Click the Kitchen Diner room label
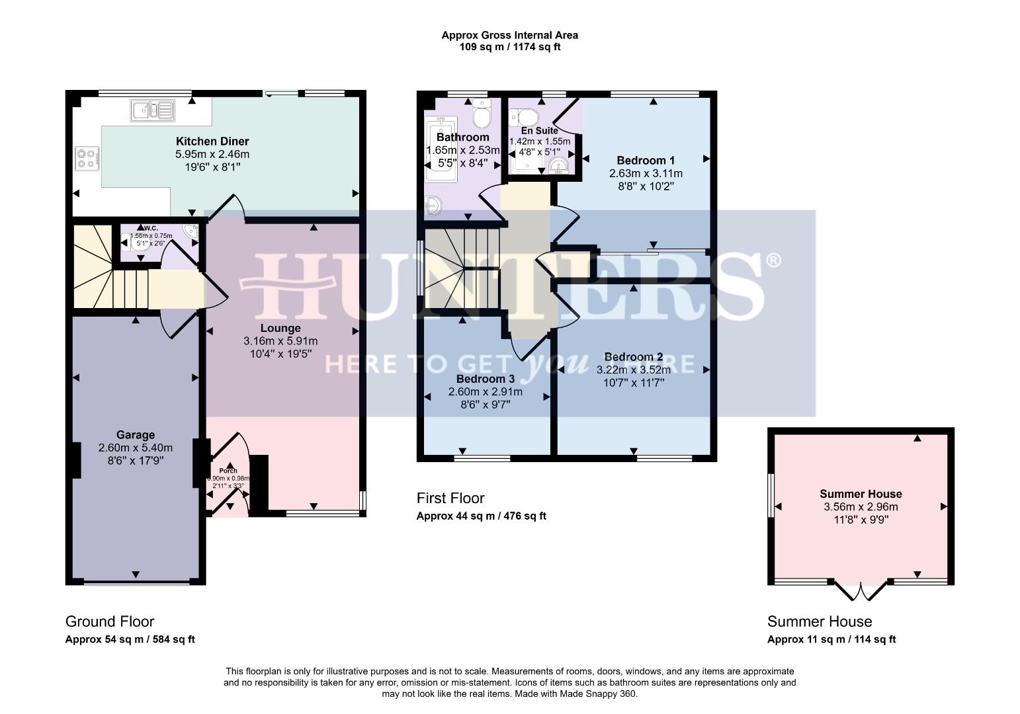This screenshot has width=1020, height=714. tap(212, 141)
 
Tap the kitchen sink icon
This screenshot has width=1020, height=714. tap(151, 110)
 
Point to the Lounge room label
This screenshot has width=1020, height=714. tap(280, 329)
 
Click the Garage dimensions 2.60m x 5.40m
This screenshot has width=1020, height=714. tap(136, 448)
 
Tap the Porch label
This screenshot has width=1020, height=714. tap(228, 471)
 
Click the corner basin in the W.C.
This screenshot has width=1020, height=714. tap(191, 231)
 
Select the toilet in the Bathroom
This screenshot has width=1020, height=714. tap(482, 116)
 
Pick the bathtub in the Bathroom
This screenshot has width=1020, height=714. tap(441, 149)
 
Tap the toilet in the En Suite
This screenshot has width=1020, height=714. tap(527, 117)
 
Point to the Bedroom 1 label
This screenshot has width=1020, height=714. tap(646, 161)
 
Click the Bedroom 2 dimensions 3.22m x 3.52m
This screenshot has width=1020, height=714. tap(633, 370)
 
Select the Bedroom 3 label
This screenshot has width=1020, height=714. tap(486, 379)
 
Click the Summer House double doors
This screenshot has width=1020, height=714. tap(860, 590)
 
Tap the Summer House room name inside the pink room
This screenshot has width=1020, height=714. tap(861, 494)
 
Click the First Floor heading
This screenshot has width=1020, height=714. tap(450, 498)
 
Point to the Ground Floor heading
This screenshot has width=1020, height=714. tap(110, 621)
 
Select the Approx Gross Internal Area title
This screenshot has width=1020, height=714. tap(509, 35)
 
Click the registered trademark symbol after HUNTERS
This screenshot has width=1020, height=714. tap(773, 260)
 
